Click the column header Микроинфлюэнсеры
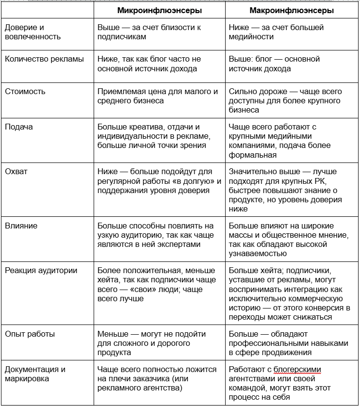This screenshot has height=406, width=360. pyautogui.click(x=160, y=10)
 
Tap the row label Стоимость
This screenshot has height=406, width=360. pyautogui.click(x=25, y=91)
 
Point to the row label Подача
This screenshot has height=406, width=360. pyautogui.click(x=19, y=127)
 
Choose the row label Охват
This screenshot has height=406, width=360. pyautogui.click(x=16, y=172)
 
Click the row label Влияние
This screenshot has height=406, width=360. pyautogui.click(x=21, y=226)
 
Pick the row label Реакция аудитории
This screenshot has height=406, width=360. pyautogui.click(x=41, y=271)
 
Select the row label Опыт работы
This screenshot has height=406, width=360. pyautogui.click(x=30, y=334)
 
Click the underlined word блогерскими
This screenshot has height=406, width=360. pyautogui.click(x=297, y=370)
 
